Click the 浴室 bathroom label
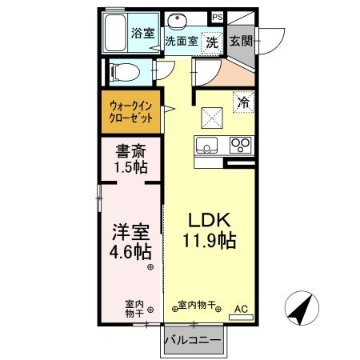(x=144, y=34)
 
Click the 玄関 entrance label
(x=241, y=41)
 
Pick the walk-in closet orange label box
(x=131, y=108)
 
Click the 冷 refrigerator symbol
(x=241, y=102)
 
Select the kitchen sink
(x=206, y=146)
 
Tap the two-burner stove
(x=240, y=146)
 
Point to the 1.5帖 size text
(x=128, y=168)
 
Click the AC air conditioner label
(x=241, y=308)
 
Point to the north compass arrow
(x=299, y=308)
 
